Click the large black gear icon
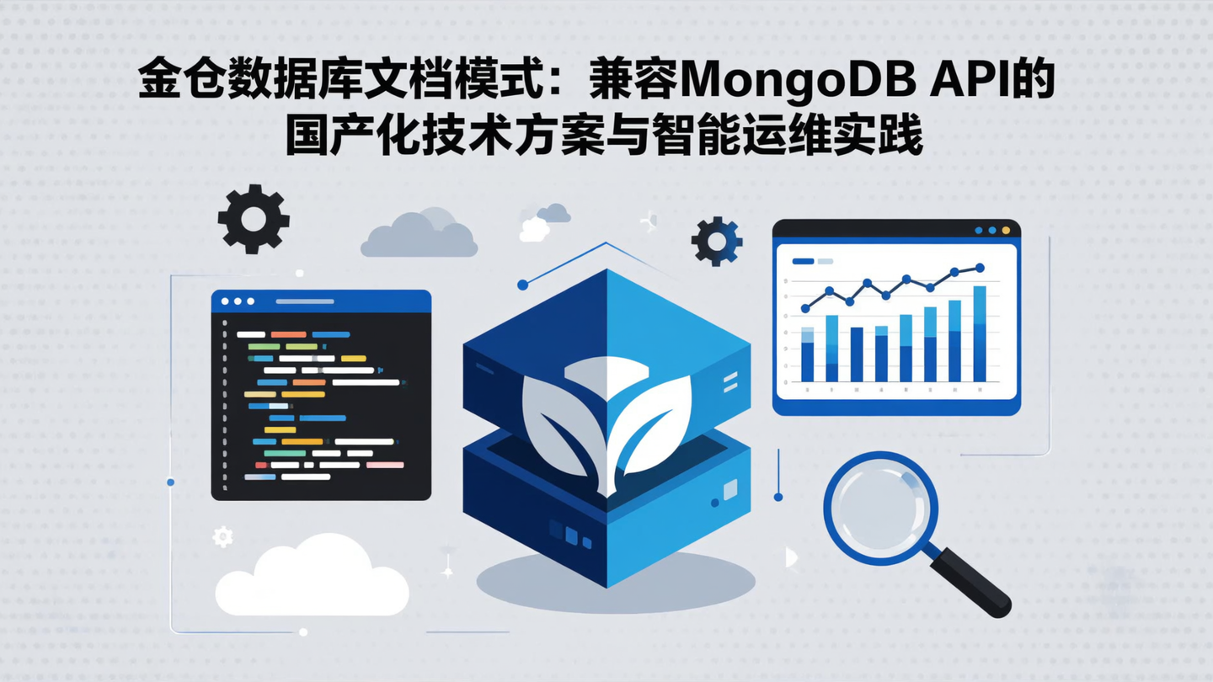(253, 219)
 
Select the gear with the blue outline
(717, 242)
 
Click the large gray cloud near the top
(419, 236)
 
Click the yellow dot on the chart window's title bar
(1005, 230)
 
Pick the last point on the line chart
(980, 268)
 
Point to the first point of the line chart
(805, 308)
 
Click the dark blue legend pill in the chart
(803, 261)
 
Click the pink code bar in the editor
(385, 465)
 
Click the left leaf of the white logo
(562, 421)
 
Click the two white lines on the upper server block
(729, 384)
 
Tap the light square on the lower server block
(729, 489)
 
